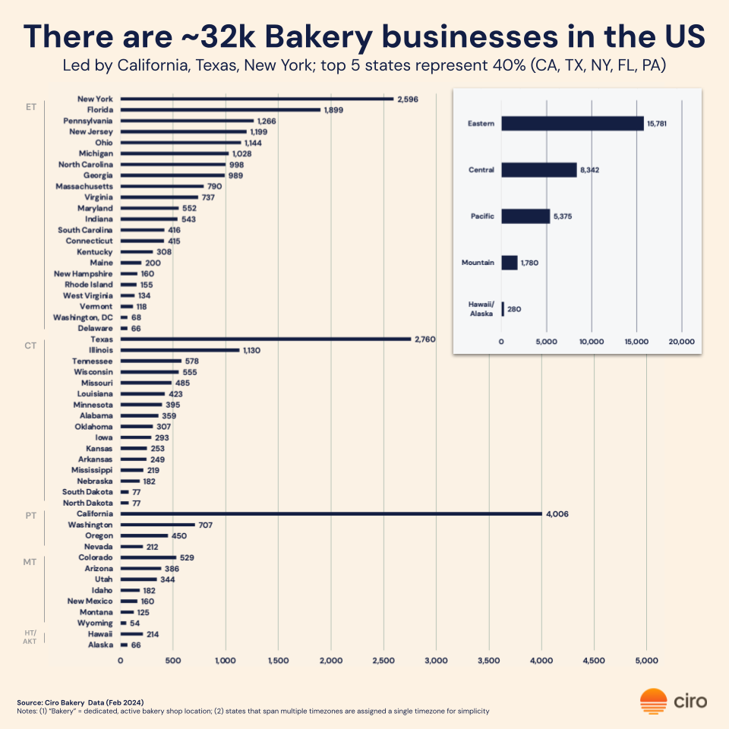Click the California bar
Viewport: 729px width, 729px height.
[331, 514]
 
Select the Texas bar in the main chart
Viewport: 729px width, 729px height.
[266, 339]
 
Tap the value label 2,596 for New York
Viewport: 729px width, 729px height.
[407, 99]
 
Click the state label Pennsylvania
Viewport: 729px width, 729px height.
[88, 121]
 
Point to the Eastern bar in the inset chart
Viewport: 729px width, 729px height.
[572, 123]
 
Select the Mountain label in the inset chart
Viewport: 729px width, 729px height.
[478, 263]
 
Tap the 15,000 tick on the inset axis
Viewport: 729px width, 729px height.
[636, 342]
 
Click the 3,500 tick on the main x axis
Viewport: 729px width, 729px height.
[489, 661]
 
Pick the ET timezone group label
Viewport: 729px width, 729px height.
[31, 107]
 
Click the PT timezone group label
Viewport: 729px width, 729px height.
[31, 515]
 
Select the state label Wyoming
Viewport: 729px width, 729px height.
[95, 623]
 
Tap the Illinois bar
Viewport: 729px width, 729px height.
[180, 350]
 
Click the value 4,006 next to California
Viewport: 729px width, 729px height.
[557, 514]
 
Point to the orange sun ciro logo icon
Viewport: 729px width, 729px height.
[653, 701]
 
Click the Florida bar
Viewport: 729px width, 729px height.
[220, 110]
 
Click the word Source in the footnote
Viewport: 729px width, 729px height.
[30, 702]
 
